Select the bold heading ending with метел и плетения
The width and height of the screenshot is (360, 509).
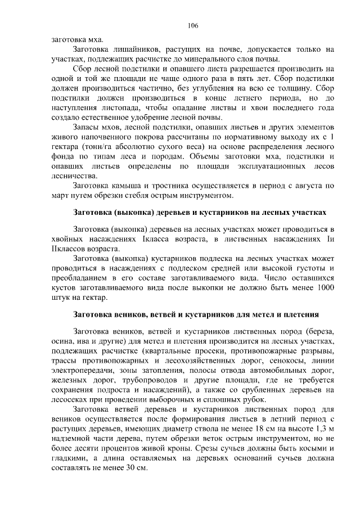pyautogui.click(x=196, y=314)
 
